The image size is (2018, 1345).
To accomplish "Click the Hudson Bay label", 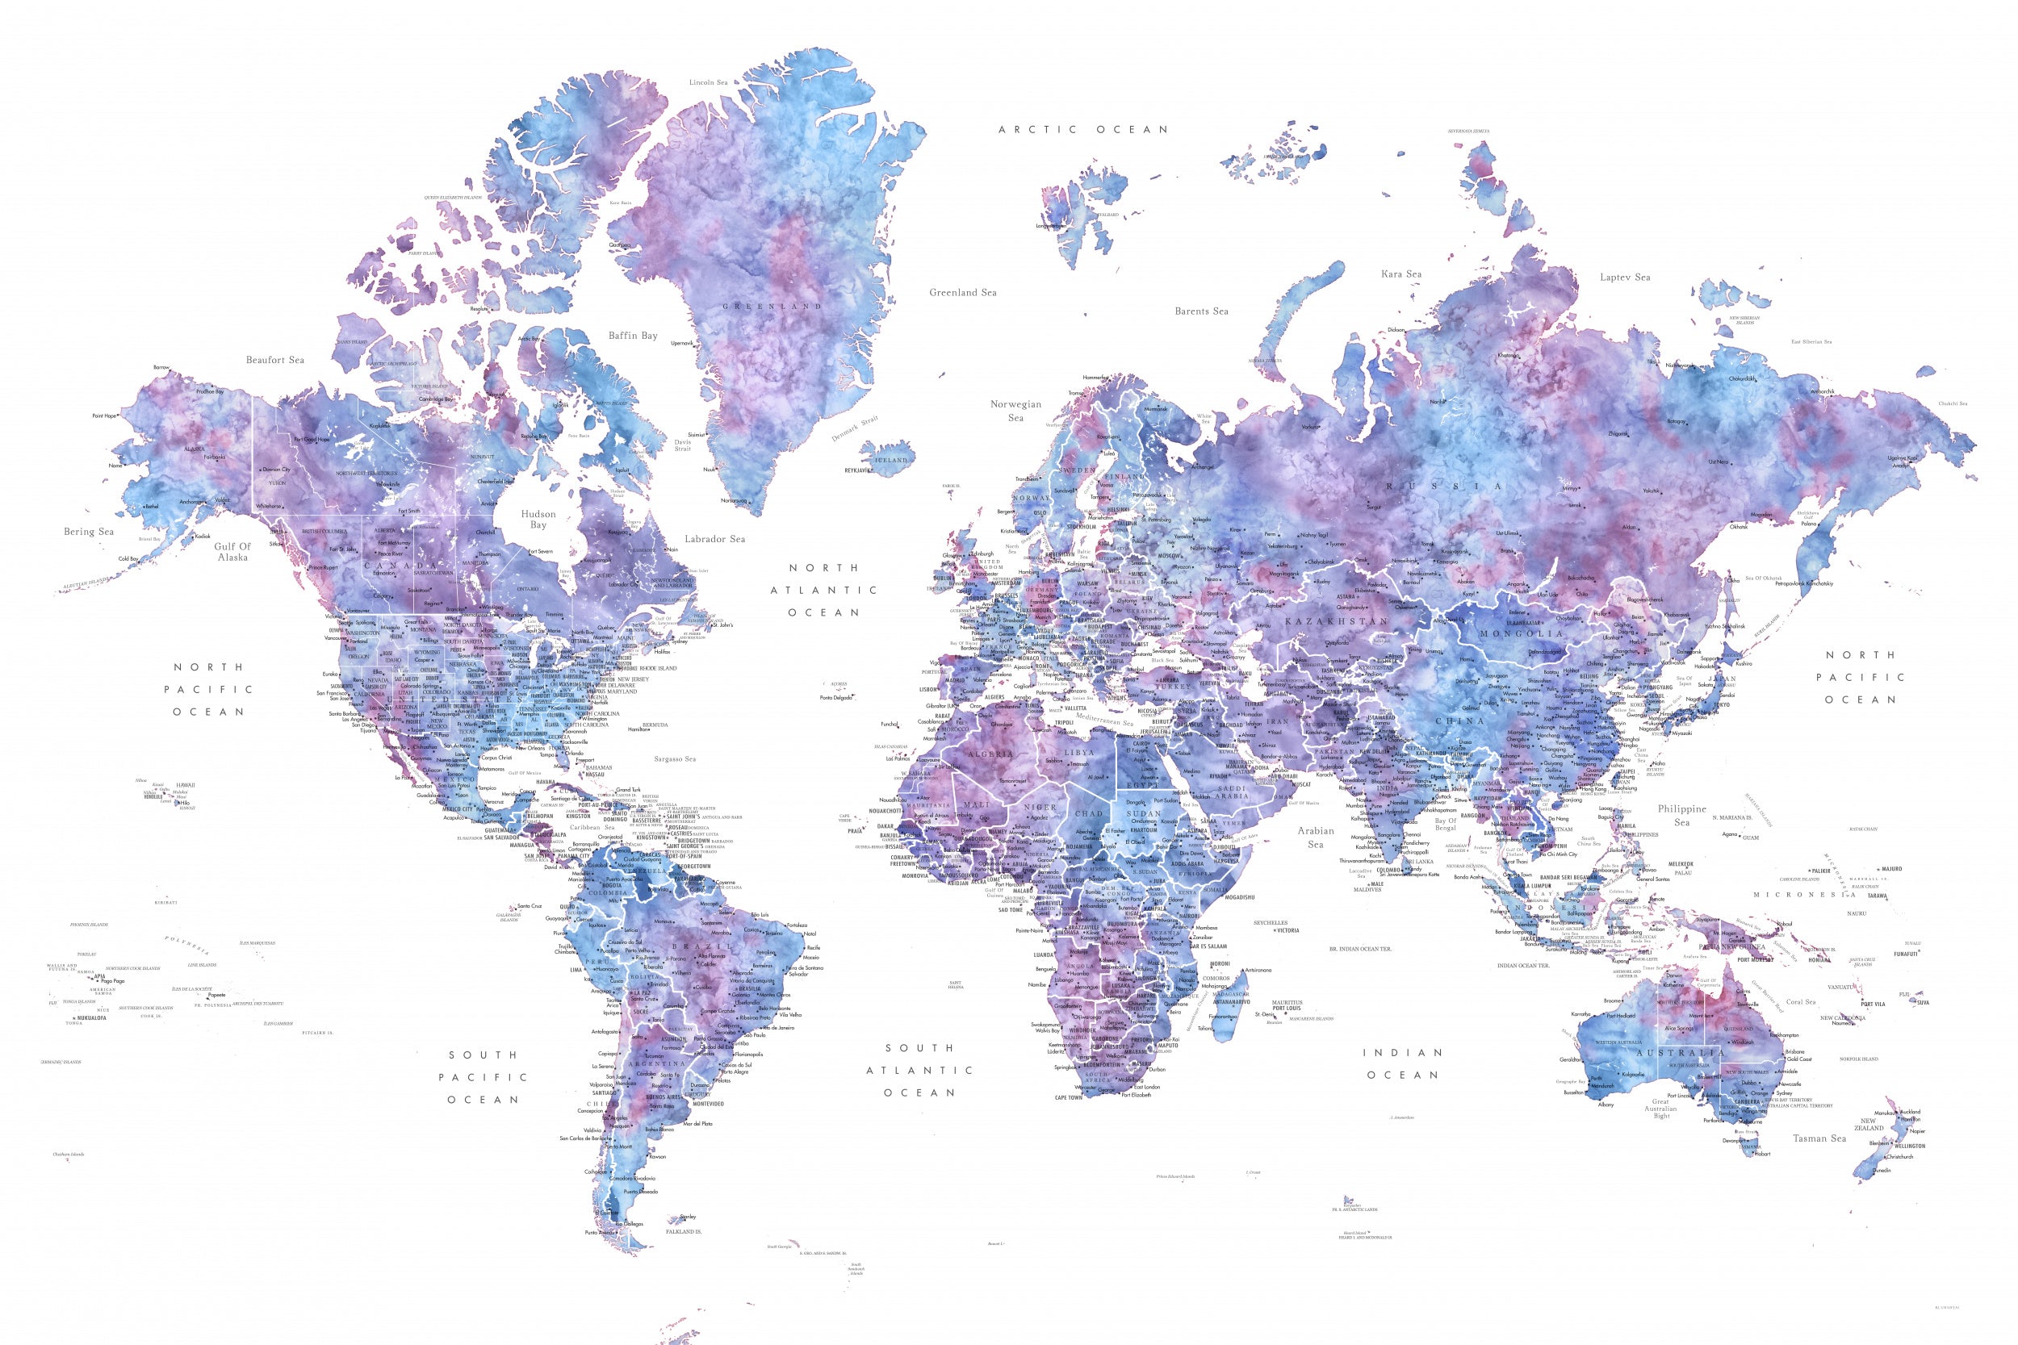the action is (538, 519).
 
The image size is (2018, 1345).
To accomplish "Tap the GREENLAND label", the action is (772, 307).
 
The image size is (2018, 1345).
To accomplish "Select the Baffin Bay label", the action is (632, 336).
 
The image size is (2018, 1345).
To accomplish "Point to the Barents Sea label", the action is (1201, 311).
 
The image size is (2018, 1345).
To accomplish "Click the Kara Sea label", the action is (1401, 274).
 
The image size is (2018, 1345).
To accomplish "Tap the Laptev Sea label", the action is (1625, 277).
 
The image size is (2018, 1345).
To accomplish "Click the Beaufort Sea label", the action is (274, 359).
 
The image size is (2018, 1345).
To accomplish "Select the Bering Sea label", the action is (88, 532).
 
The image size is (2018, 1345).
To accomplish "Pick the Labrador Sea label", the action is (714, 539).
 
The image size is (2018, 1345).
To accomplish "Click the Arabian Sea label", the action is (1315, 837).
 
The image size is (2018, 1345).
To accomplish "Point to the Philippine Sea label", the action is (1681, 815).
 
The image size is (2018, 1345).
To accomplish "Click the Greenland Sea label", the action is (963, 293).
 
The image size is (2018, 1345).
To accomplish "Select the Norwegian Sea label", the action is (1016, 410).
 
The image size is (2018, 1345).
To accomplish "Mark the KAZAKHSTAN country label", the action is (1336, 620).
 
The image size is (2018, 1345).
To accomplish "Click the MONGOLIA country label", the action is (1522, 634).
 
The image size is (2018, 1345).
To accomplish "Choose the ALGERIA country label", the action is (991, 754).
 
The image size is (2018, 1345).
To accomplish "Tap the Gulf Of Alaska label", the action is (232, 552).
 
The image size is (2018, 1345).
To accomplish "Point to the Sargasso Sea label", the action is (674, 758).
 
